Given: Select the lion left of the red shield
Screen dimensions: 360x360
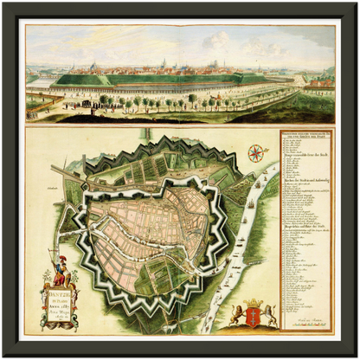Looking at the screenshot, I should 236,315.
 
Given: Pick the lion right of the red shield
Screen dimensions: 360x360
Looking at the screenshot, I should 270,315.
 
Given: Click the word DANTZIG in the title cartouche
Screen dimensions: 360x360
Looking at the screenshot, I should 61,296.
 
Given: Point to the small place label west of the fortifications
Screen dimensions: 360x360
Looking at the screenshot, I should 61,184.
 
